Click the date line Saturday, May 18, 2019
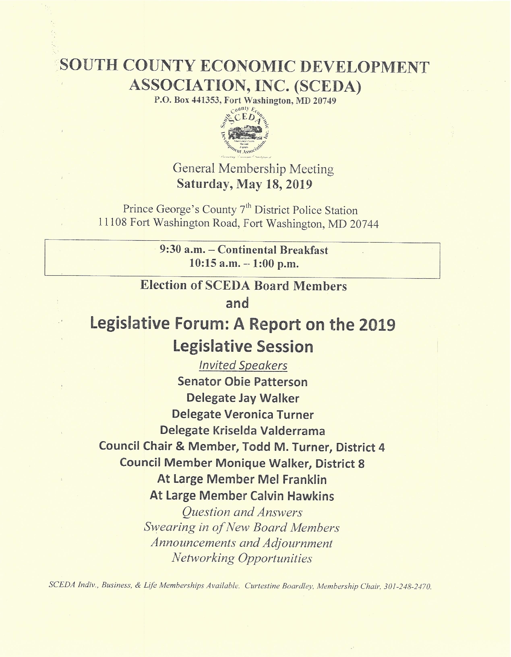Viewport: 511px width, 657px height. pos(244,184)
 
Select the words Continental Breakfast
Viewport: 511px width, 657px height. pos(273,250)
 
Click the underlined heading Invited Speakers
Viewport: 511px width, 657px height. pos(243,365)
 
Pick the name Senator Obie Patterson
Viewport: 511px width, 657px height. pos(242,382)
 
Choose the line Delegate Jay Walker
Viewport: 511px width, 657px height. pos(242,398)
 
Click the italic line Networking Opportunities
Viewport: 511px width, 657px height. pos(242,558)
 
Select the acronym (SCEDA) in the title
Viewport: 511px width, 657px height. pos(328,86)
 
